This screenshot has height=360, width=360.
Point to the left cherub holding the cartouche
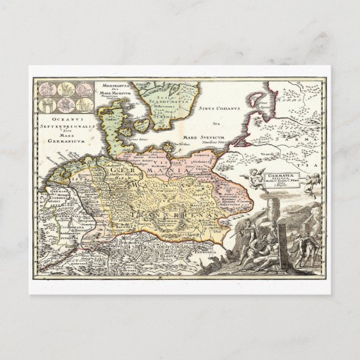(250, 176)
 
